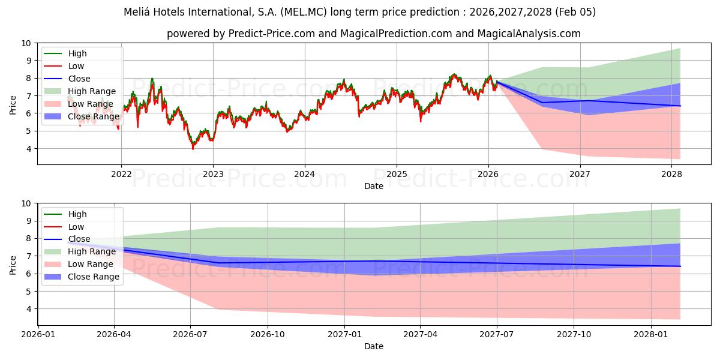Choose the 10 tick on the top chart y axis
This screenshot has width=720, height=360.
point(26,43)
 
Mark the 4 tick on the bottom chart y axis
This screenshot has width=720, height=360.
point(29,309)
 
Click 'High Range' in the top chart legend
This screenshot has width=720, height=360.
point(92,91)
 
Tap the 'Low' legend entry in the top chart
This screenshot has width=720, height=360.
point(76,66)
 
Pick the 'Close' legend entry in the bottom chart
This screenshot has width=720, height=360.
point(79,239)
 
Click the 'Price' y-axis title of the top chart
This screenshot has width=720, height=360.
point(13,104)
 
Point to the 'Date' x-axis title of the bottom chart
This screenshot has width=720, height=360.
point(374,346)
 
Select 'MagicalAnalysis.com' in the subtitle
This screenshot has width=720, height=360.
point(529,34)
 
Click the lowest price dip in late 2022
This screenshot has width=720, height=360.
point(193,148)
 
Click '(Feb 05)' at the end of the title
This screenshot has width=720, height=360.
point(575,12)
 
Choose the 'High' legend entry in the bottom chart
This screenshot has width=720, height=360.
point(77,214)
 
